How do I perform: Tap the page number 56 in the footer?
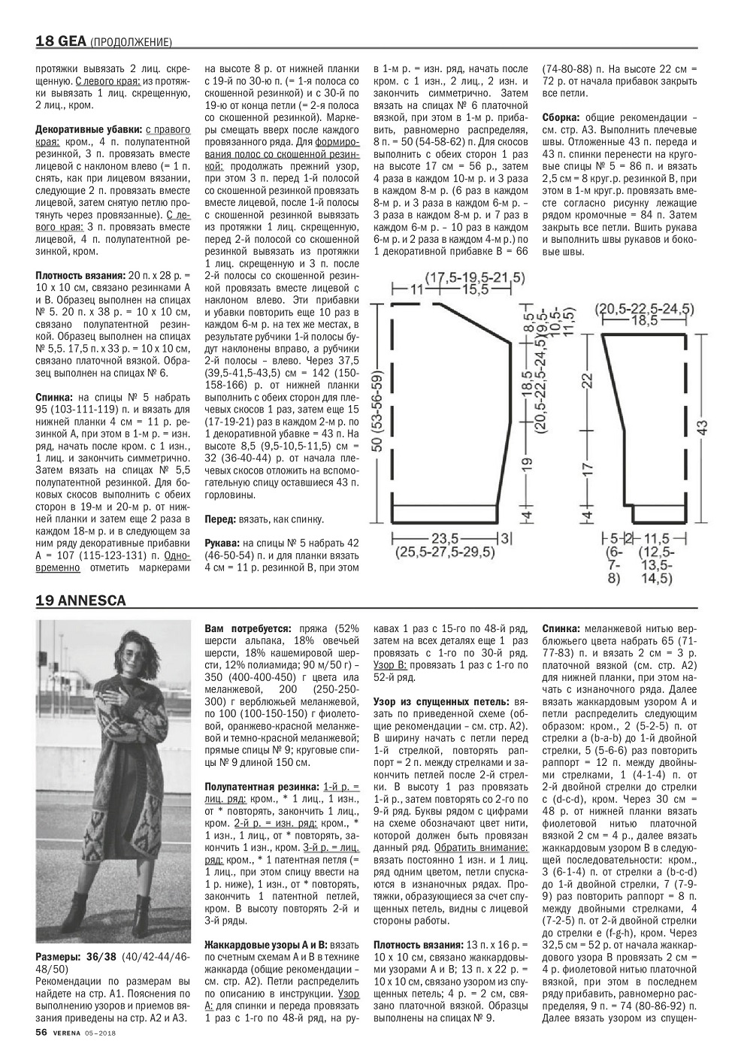click(x=42, y=1032)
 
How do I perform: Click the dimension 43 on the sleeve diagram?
click(x=700, y=426)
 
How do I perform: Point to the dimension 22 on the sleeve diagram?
click(x=587, y=383)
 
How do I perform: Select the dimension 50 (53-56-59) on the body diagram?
click(x=378, y=410)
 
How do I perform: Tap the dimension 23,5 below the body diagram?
click(x=446, y=538)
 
